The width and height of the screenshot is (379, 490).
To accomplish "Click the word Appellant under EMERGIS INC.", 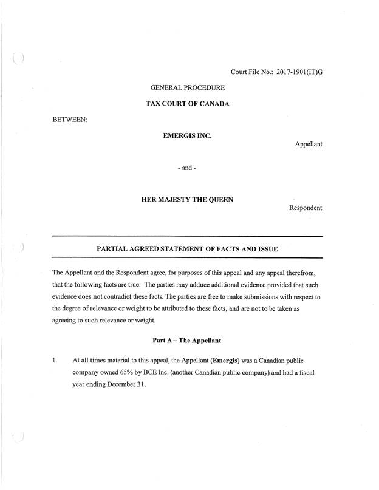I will [308, 145].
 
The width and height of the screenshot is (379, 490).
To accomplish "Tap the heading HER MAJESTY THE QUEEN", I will [187, 199].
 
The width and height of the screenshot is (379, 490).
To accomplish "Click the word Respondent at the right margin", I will [305, 208].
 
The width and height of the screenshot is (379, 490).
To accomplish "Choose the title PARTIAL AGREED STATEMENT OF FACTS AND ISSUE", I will [187, 249].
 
